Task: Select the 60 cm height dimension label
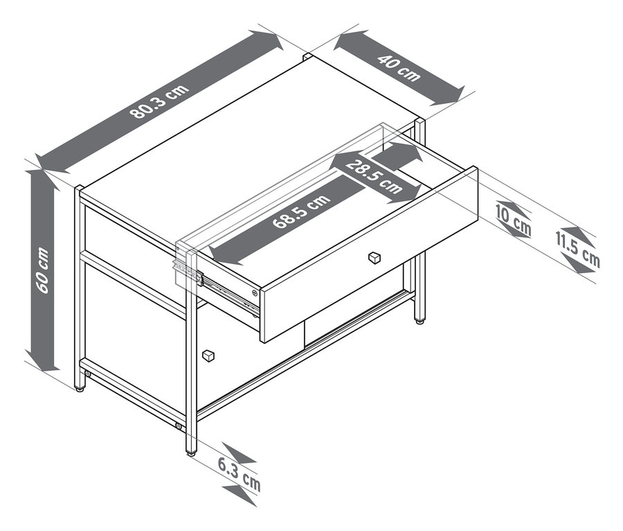[42, 270]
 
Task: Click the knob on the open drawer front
[374, 257]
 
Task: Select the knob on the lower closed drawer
[207, 356]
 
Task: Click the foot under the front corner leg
[190, 451]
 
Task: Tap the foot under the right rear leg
[419, 320]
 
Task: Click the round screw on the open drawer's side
[256, 293]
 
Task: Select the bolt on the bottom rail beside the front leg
[179, 425]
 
